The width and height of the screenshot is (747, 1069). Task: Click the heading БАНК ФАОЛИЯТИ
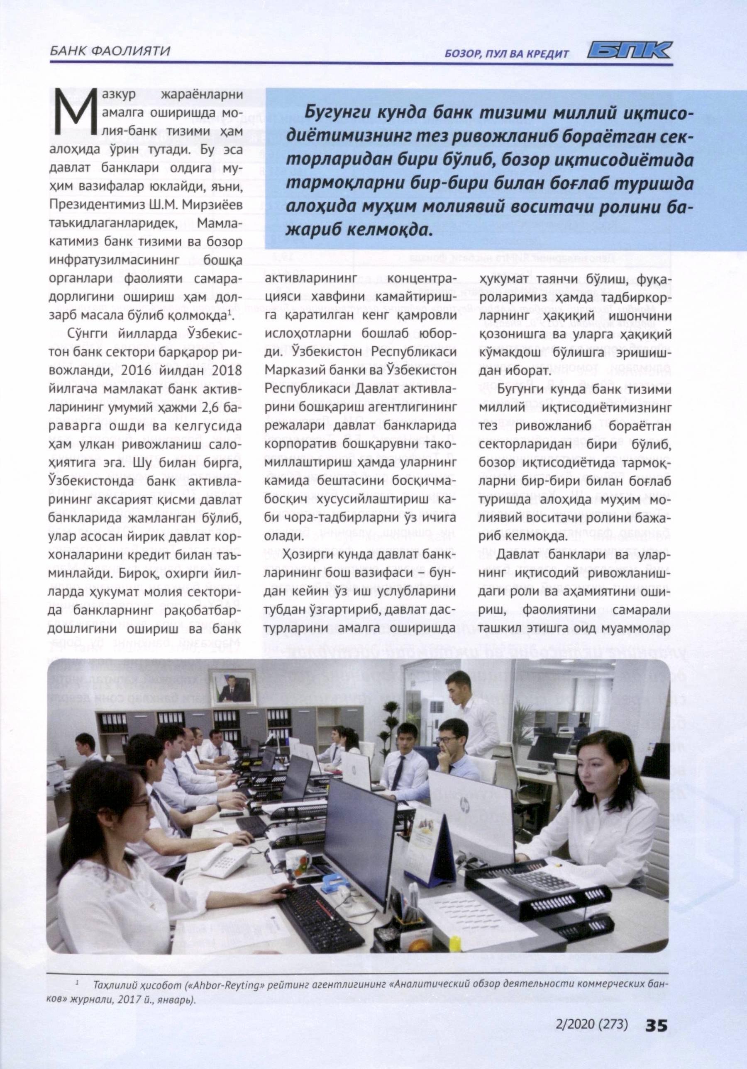(109, 51)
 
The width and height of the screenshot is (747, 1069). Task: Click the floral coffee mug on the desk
(299, 864)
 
